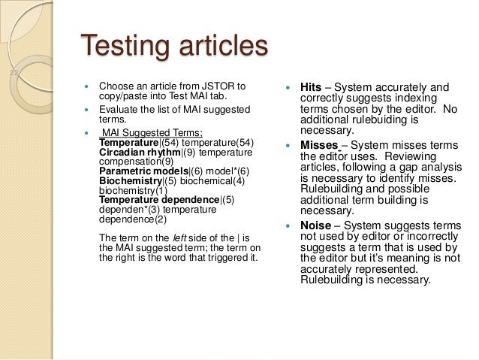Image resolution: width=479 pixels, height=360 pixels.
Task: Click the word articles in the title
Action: point(222,46)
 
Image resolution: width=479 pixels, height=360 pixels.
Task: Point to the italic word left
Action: point(180,238)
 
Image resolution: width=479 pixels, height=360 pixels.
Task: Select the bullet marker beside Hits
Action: point(289,87)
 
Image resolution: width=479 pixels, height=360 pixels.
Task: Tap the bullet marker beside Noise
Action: point(289,225)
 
